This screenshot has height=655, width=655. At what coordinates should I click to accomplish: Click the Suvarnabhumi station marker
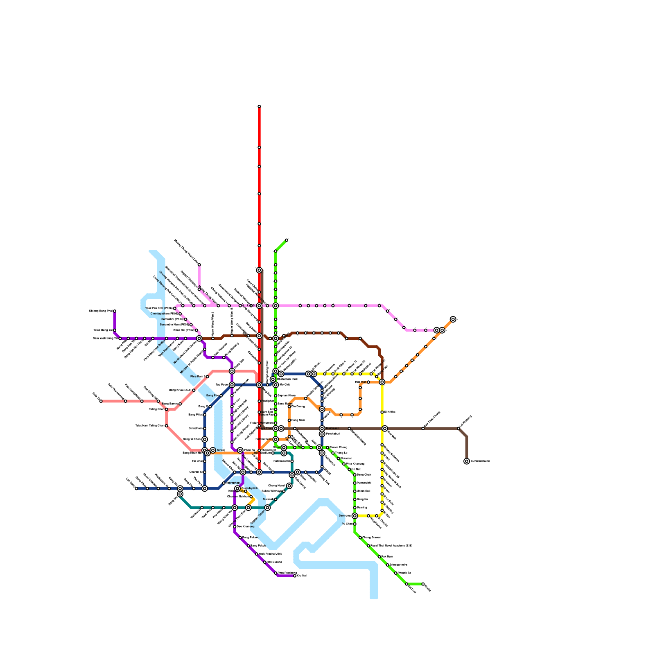[467, 461]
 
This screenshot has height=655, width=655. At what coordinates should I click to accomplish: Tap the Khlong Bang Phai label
[101, 311]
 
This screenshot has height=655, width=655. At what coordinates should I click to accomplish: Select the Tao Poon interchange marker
[232, 385]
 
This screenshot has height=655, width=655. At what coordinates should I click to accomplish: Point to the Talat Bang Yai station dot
[115, 330]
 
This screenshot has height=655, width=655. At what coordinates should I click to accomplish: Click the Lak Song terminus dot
[136, 488]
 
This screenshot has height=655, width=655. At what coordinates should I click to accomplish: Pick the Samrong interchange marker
[355, 516]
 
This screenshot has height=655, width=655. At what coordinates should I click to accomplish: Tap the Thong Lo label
[341, 453]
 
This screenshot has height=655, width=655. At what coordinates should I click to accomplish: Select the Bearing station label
[362, 507]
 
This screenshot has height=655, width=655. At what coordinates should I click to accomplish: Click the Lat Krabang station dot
[458, 429]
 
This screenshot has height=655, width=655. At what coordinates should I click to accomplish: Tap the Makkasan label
[332, 428]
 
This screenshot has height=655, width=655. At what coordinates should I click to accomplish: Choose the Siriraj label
[221, 450]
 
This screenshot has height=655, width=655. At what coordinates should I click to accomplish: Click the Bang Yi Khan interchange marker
[205, 439]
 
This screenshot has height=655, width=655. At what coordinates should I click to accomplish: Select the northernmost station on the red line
[259, 106]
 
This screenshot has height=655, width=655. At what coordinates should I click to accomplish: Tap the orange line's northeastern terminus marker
[453, 319]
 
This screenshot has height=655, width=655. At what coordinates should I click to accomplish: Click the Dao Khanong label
[246, 526]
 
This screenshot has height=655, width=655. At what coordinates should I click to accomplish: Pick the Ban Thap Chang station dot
[423, 429]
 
